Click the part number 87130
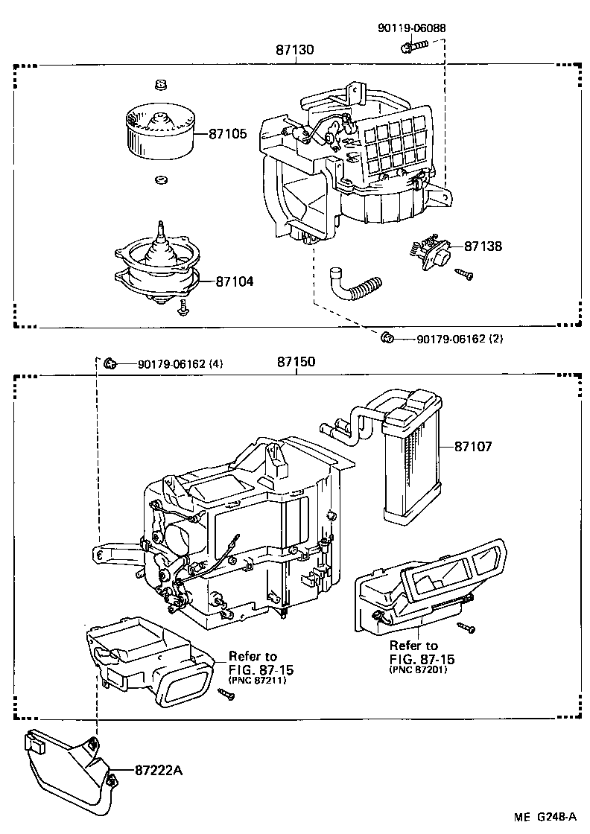point(294,51)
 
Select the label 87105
point(227,134)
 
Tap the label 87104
point(235,281)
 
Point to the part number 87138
point(483,245)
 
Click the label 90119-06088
point(412,28)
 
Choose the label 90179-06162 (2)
point(460,339)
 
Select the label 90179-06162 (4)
point(180,364)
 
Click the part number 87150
point(296,363)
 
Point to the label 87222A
point(159,770)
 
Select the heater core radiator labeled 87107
point(411,454)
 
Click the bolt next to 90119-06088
point(411,47)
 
